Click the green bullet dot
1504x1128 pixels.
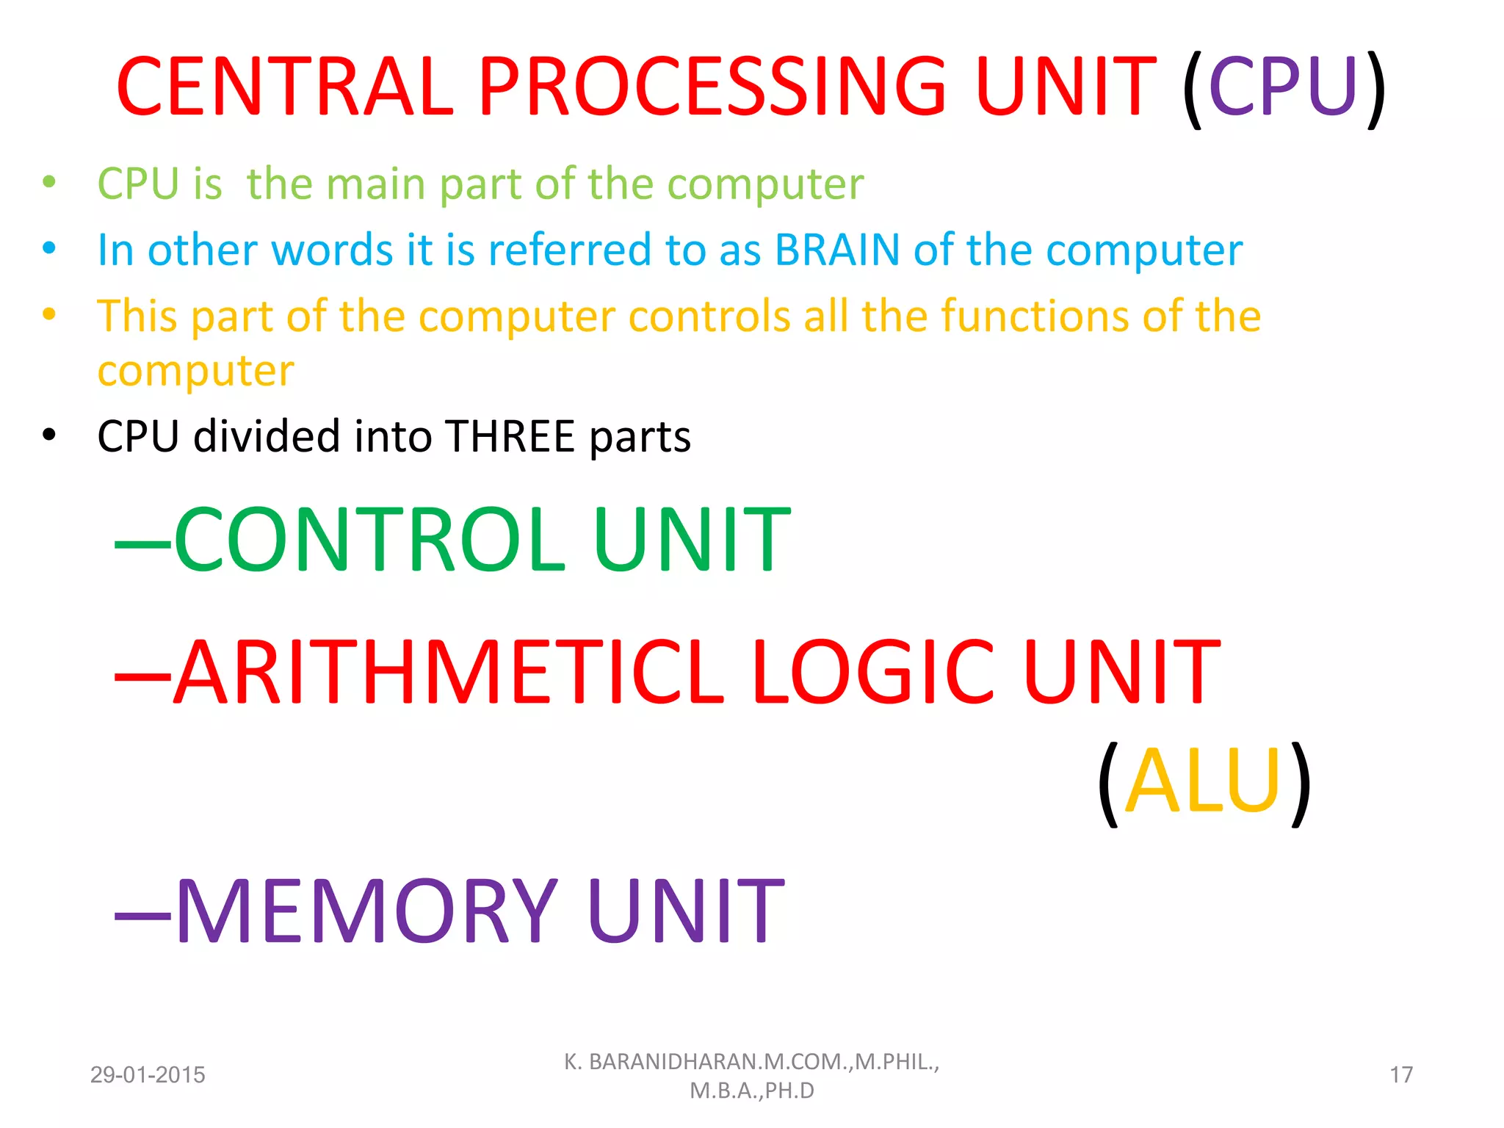click(x=49, y=181)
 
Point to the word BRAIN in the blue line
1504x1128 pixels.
click(x=837, y=250)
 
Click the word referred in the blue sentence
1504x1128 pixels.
click(x=569, y=250)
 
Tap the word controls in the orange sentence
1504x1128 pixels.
click(x=709, y=316)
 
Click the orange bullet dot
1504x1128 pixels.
click(x=49, y=314)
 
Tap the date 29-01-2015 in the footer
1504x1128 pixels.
click(x=148, y=1075)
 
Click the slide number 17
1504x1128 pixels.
click(x=1401, y=1075)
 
